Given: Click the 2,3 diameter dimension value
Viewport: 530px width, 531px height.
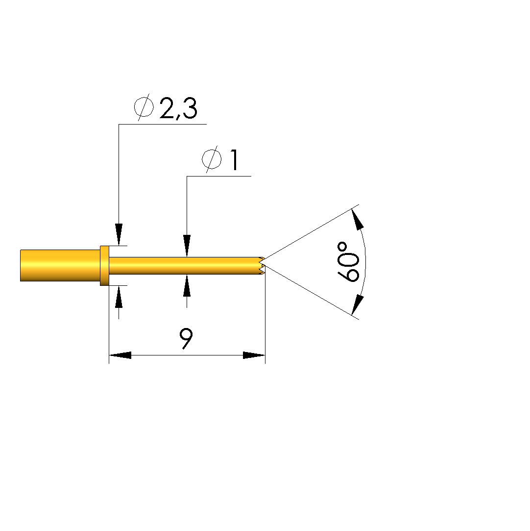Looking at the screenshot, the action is (178, 108).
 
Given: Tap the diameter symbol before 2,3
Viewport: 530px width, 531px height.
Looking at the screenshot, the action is (144, 107).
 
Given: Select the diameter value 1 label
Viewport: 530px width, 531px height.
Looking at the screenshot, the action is (234, 160).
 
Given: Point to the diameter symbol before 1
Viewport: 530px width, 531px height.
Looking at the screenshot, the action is (212, 159).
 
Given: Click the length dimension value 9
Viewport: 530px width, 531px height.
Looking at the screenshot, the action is (186, 338).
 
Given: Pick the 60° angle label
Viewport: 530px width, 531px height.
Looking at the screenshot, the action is (348, 262).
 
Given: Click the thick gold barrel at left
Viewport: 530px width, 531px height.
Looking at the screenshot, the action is (60, 266).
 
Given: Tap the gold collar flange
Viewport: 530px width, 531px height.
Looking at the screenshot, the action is (104, 266).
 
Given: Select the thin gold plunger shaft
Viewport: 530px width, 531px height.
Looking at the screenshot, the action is (184, 266).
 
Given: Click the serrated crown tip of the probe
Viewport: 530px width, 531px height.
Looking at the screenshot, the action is (262, 266).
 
